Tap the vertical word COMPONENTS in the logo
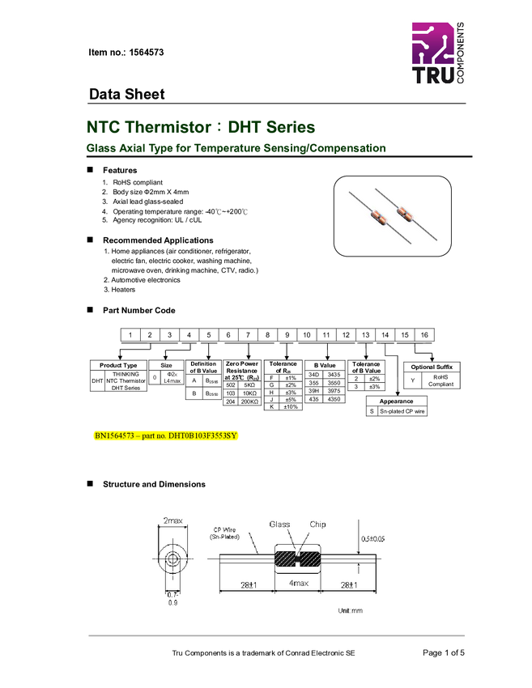(461, 53)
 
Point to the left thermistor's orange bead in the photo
(378, 215)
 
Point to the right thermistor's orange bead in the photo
(402, 214)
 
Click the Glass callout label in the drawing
(279, 524)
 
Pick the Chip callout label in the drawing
(318, 524)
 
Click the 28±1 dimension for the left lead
(248, 584)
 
